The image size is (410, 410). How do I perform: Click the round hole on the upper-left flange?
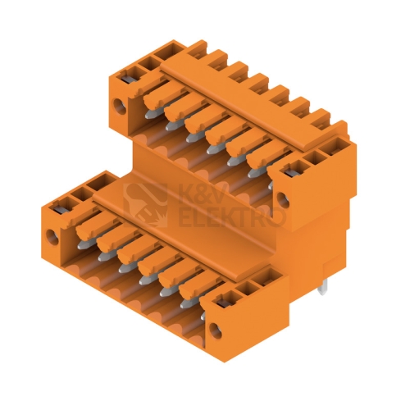click(120, 107)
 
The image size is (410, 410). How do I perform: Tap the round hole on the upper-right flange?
click(283, 200)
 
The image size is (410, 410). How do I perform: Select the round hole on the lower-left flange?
click(52, 237)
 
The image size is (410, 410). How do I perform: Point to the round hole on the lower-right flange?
click(215, 330)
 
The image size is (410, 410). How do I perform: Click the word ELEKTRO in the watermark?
click(232, 217)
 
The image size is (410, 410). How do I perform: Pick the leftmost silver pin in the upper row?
click(150, 115)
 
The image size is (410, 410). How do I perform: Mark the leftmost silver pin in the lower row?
click(83, 244)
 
